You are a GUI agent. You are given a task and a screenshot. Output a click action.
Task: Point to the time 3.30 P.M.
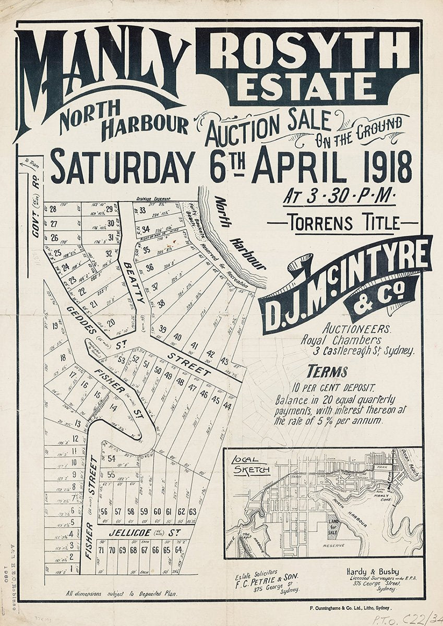(x=340, y=197)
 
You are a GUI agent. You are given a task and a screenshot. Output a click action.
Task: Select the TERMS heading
(x=327, y=371)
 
